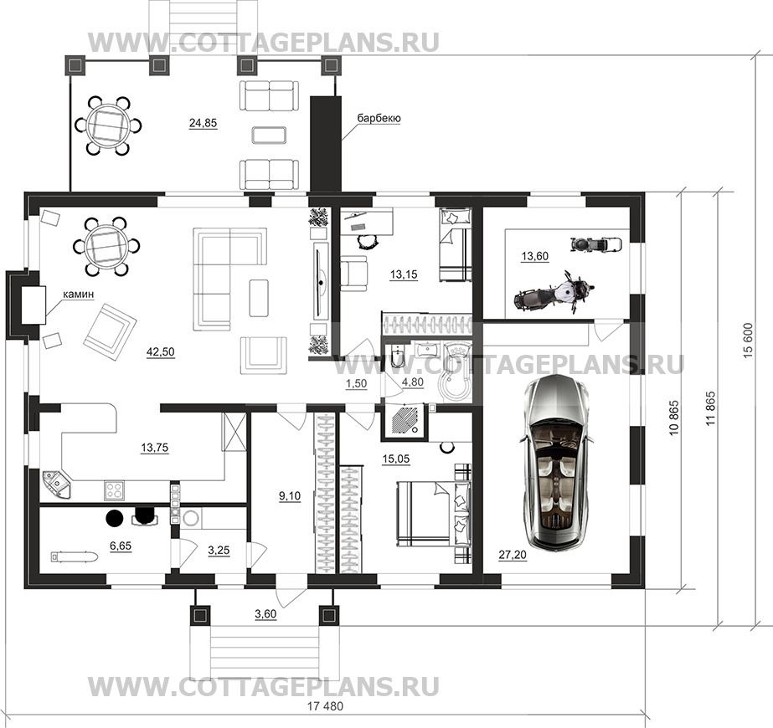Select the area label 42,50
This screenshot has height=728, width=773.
(160, 351)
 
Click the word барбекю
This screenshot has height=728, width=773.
(379, 118)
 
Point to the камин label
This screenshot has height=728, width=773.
(78, 294)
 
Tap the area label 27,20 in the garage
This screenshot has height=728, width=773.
(513, 555)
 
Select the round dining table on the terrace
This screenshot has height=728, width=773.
(107, 126)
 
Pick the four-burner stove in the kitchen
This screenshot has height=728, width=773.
(116, 490)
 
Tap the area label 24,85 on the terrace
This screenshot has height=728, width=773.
(204, 123)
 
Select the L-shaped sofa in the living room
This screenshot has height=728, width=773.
(229, 279)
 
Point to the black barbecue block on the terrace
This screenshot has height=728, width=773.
(326, 144)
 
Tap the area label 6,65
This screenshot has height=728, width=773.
(121, 546)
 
